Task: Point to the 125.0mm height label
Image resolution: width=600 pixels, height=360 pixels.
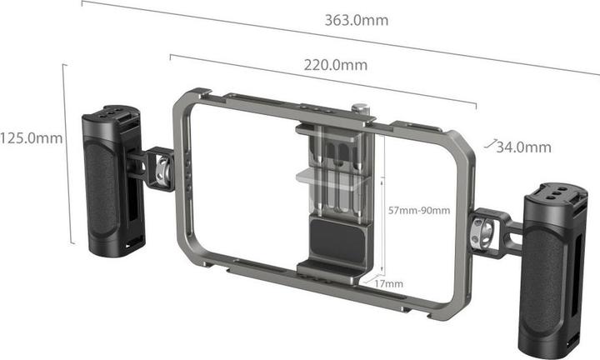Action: pos(31,138)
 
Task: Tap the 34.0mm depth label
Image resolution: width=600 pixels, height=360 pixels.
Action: pos(522,147)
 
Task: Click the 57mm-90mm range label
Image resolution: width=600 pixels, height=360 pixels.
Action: pos(419,210)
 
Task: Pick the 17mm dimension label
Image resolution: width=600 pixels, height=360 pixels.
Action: pos(389,284)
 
